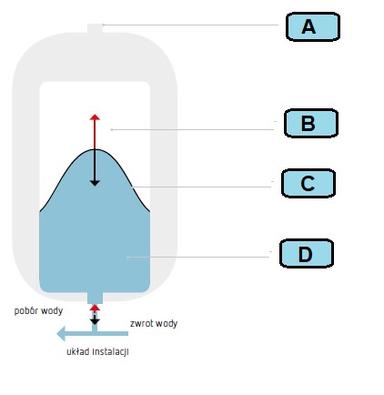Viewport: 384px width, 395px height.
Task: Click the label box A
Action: pyautogui.click(x=313, y=26)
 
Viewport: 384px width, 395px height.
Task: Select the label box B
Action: pyautogui.click(x=311, y=123)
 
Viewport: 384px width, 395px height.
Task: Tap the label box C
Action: pyautogui.click(x=308, y=183)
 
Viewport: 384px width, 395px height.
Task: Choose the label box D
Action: pyautogui.click(x=307, y=253)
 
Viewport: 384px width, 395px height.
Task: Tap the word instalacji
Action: pyautogui.click(x=110, y=352)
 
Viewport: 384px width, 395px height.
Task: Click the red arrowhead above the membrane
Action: pyautogui.click(x=95, y=117)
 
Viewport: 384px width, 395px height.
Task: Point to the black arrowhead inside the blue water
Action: pyautogui.click(x=95, y=183)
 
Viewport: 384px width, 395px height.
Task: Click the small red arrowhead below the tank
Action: pyautogui.click(x=95, y=308)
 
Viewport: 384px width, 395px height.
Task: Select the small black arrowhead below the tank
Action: pyautogui.click(x=95, y=321)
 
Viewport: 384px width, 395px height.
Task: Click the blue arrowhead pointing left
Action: pyautogui.click(x=61, y=334)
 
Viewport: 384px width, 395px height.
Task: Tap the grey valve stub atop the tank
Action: pyautogui.click(x=96, y=28)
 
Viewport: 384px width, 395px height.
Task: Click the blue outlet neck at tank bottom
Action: pyautogui.click(x=95, y=298)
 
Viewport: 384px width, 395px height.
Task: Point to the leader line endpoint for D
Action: pyautogui.click(x=128, y=258)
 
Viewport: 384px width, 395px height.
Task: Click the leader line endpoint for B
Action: pyautogui.click(x=112, y=129)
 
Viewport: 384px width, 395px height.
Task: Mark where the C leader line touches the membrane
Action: pyautogui.click(x=133, y=187)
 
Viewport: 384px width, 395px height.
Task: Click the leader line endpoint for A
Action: pyautogui.click(x=104, y=25)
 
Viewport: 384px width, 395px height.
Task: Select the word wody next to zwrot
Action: pyautogui.click(x=167, y=324)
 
